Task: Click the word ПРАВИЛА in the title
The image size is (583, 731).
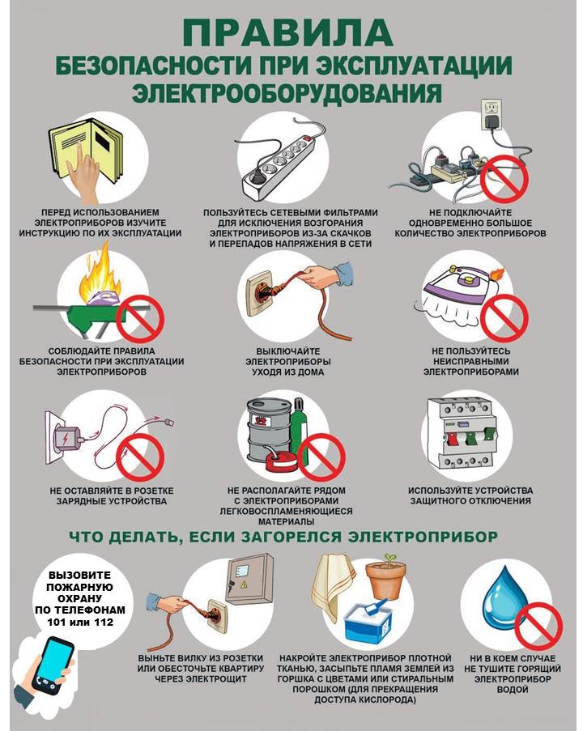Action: (x=287, y=32)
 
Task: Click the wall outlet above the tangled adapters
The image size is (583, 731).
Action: (x=492, y=113)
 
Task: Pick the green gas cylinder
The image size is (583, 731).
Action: (x=299, y=426)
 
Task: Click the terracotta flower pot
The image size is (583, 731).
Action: (x=385, y=578)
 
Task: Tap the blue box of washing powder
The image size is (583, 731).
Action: (x=369, y=618)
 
